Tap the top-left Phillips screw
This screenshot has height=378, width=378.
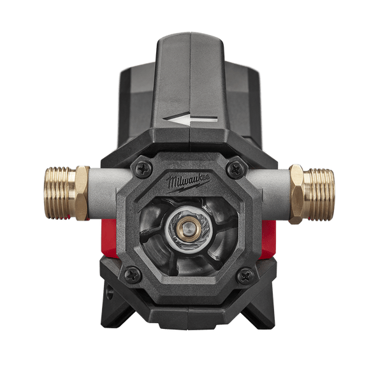point(143,168)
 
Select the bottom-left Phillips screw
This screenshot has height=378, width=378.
point(133,274)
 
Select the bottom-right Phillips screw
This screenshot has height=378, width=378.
point(245,275)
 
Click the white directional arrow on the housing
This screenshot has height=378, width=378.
point(190,118)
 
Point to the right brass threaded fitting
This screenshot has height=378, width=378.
point(319,194)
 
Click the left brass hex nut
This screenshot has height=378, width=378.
point(82,193)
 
